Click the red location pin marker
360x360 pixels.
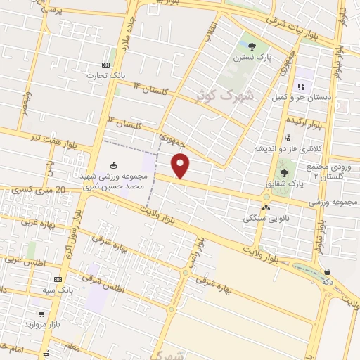pyautogui.click(x=181, y=166)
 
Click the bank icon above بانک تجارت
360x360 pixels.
pyautogui.click(x=106, y=63)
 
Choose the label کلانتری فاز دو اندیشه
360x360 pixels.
pyautogui.click(x=285, y=149)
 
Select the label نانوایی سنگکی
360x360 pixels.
pyautogui.click(x=266, y=219)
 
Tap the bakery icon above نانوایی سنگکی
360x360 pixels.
pyautogui.click(x=266, y=207)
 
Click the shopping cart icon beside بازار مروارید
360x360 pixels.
pyautogui.click(x=41, y=314)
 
